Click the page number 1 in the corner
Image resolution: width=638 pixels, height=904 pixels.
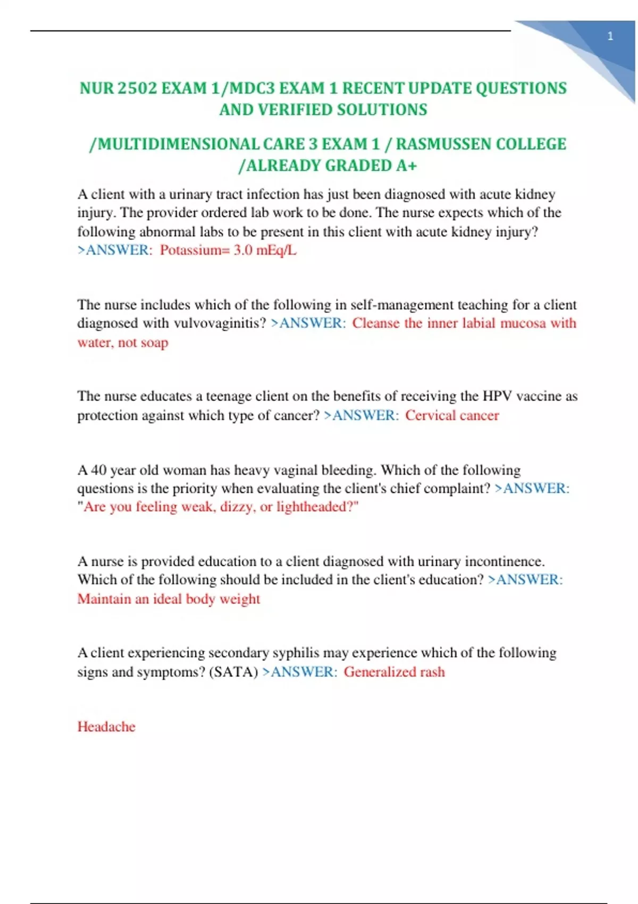(610, 36)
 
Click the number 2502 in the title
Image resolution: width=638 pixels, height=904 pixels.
(137, 88)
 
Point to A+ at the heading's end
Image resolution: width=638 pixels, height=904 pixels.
(406, 166)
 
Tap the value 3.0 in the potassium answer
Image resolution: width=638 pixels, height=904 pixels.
(242, 250)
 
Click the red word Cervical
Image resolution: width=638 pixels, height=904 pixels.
(430, 415)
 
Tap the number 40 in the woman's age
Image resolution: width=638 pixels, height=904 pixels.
(99, 470)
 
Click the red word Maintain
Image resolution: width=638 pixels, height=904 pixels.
(104, 599)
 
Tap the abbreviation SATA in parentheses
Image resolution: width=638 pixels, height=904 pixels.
(233, 672)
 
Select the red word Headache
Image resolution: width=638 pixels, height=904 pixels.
(106, 726)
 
